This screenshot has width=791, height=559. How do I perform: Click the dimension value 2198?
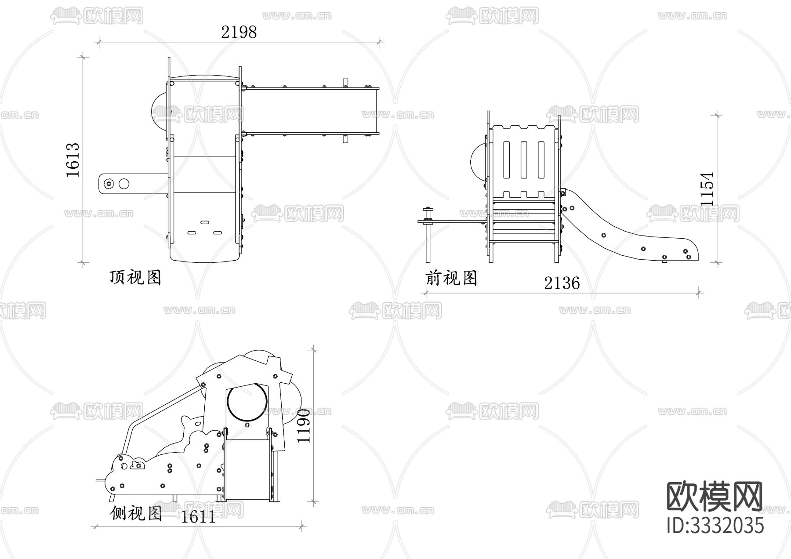(x=239, y=32)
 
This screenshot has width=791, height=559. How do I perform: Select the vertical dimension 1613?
(x=73, y=160)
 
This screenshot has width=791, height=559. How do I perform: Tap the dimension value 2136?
(x=562, y=283)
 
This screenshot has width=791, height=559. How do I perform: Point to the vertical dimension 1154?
(x=707, y=189)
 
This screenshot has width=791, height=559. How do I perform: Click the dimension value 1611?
(x=199, y=517)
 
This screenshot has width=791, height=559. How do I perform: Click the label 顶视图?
(x=135, y=277)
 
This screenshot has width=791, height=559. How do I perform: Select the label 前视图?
(x=451, y=278)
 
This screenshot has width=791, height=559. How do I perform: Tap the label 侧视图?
(x=136, y=512)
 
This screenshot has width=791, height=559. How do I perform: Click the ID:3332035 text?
(x=715, y=526)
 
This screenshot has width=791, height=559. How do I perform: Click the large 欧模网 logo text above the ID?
(x=715, y=496)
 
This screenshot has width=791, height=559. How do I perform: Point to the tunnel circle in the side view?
(x=247, y=401)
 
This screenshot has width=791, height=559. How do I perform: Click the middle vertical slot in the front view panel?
(x=523, y=160)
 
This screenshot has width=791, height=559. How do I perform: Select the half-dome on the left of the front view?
(x=478, y=160)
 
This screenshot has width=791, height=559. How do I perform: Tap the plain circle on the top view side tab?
(x=124, y=184)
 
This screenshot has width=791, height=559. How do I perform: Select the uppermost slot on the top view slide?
(x=204, y=222)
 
